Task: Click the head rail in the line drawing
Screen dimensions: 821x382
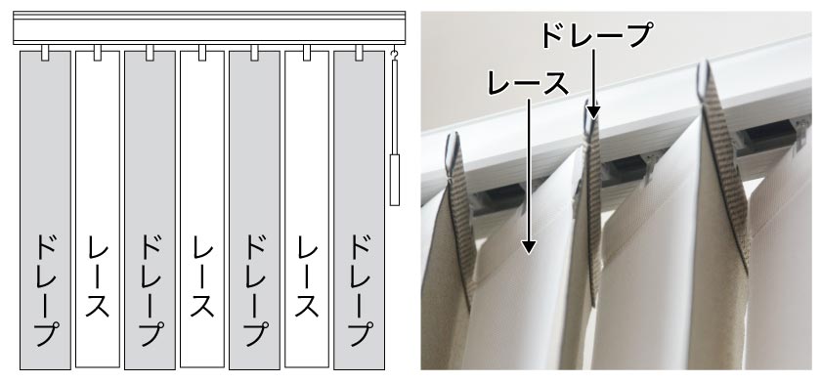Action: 209,27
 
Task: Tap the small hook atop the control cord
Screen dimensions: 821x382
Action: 395,54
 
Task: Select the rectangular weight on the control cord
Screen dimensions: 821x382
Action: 394,180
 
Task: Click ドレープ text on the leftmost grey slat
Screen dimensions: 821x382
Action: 45,290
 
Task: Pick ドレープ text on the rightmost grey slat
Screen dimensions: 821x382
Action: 360,290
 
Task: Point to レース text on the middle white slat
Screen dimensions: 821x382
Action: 202,276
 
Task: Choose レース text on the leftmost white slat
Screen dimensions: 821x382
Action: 98,276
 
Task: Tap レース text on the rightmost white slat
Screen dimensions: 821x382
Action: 307,276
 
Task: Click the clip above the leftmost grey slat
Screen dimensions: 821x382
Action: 45,53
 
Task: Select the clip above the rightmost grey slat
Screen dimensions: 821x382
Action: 360,53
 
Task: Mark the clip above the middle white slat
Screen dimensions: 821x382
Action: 202,53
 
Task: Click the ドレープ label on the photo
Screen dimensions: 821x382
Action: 595,35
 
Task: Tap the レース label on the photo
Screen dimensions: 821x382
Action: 528,84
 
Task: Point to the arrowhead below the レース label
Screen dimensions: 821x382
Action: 530,246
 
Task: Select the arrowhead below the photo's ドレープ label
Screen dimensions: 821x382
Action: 593,111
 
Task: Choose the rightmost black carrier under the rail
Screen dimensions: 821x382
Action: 767,134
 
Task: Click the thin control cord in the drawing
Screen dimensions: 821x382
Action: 394,106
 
